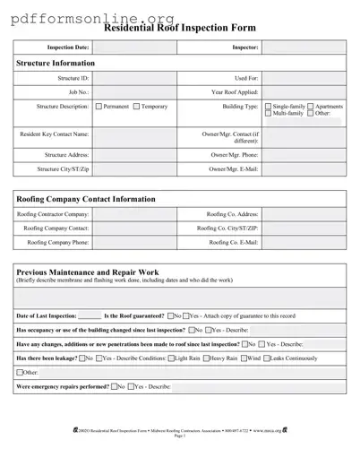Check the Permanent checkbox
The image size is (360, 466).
pos(99,107)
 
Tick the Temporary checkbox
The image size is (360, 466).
pos(136,107)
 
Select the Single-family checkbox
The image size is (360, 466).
pos(268,107)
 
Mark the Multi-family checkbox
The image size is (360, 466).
pos(268,114)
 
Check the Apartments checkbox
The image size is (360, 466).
pos(311,107)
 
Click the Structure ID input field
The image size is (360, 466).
pos(133,79)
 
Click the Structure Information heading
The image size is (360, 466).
pos(56,64)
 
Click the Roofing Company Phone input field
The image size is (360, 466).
pos(133,242)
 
